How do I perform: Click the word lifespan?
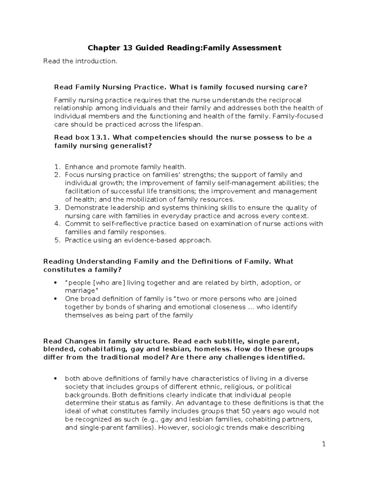[188, 125]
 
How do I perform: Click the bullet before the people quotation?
[55, 283]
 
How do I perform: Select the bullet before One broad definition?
[55, 299]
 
